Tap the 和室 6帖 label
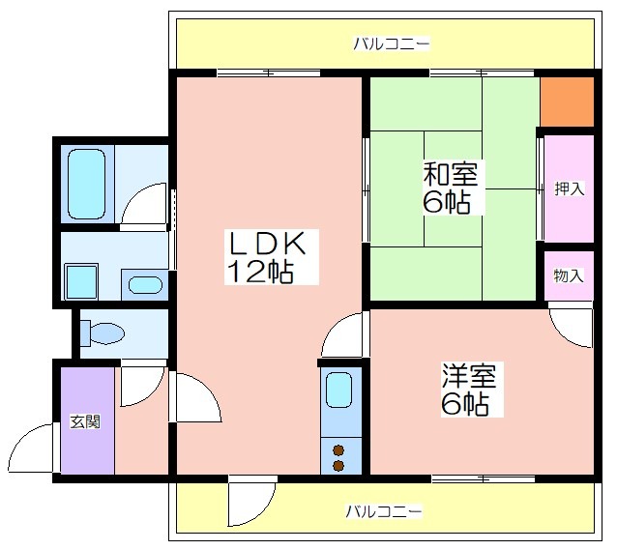pyautogui.click(x=451, y=188)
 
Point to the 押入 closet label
pyautogui.click(x=569, y=188)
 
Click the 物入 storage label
pyautogui.click(x=569, y=275)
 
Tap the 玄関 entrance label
pyautogui.click(x=85, y=421)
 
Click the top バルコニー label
pyautogui.click(x=391, y=43)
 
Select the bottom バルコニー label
pyautogui.click(x=384, y=511)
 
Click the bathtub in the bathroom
pyautogui.click(x=87, y=184)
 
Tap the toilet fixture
pyautogui.click(x=102, y=333)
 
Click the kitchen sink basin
pyautogui.click(x=339, y=391)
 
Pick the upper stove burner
pyautogui.click(x=338, y=449)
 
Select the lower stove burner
pyautogui.click(x=338, y=466)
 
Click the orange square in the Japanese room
pyautogui.click(x=567, y=101)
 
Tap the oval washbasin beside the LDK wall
pyautogui.click(x=145, y=285)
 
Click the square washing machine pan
pyautogui.click(x=81, y=281)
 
